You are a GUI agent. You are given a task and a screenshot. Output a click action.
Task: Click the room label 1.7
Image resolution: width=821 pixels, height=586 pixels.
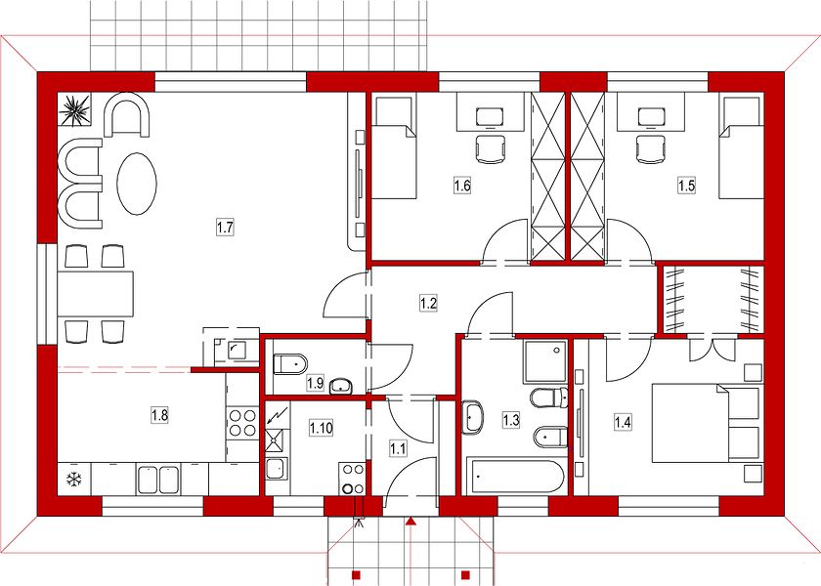tap(225, 229)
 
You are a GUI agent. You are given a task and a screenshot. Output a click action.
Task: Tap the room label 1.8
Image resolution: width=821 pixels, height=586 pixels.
tap(159, 415)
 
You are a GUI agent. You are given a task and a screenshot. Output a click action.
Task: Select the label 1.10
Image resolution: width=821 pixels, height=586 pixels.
tap(321, 428)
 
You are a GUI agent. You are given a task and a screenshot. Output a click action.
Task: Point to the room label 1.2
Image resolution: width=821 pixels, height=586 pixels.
tap(428, 303)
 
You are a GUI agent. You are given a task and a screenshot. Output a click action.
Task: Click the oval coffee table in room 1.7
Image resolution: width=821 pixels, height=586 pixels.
tap(137, 184)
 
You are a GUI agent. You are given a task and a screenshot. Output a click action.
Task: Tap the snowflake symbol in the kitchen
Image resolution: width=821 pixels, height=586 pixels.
tap(74, 479)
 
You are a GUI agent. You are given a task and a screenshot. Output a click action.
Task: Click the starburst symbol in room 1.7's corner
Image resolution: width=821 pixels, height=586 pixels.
tap(74, 109)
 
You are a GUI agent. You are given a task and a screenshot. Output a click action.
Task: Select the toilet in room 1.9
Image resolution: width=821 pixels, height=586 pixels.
tap(290, 364)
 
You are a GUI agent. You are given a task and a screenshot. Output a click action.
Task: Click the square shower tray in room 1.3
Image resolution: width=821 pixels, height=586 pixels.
tap(545, 361)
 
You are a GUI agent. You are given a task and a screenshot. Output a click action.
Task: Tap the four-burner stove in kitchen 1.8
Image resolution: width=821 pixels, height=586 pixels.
tap(243, 423)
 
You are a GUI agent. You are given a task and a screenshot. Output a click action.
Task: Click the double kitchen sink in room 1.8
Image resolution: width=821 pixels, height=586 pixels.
tap(158, 480)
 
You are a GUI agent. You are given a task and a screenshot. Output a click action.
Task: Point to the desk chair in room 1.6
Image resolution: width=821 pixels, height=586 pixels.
tap(491, 149)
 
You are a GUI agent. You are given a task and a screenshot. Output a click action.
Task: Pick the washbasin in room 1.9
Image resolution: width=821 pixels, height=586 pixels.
tap(341, 386)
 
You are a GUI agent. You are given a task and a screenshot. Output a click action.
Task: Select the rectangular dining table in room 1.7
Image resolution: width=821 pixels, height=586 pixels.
tap(96, 294)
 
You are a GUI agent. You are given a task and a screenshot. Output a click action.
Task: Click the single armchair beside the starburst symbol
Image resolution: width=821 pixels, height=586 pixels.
tap(128, 114)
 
